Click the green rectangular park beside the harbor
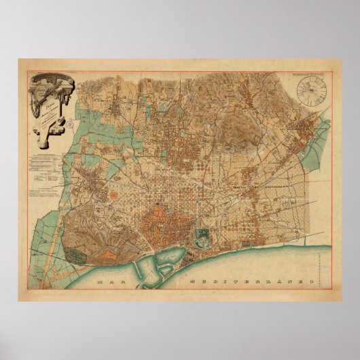[202, 235]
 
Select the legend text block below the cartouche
[48, 173]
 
